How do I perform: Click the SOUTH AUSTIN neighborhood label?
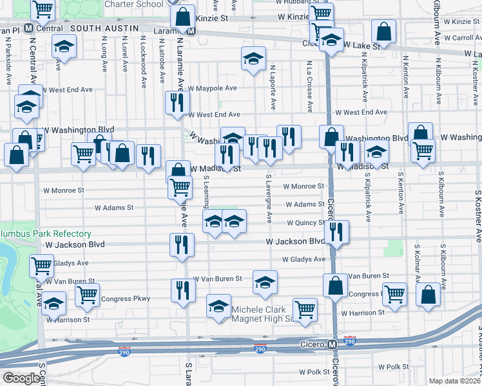coord(104,28)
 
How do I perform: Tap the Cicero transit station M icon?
coord(332,345)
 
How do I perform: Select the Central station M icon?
coord(29,28)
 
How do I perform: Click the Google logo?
coord(21,378)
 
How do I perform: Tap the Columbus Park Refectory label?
coord(45,234)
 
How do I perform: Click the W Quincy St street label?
coord(306,223)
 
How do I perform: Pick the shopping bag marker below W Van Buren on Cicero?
coord(336,286)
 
